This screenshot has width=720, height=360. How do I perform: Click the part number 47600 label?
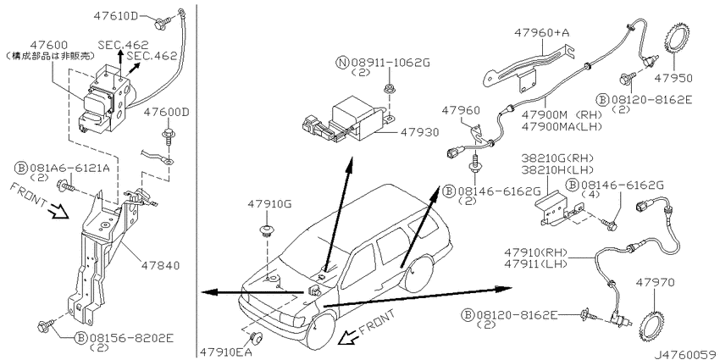click(x=49, y=45)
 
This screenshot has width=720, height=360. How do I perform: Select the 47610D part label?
click(x=116, y=15)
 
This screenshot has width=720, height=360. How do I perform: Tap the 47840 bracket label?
click(x=161, y=265)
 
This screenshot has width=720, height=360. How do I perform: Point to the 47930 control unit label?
click(x=420, y=132)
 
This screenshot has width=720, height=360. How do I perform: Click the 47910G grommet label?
click(x=269, y=203)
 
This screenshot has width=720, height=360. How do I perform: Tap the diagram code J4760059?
click(x=685, y=354)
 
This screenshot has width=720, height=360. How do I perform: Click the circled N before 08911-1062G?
click(x=343, y=63)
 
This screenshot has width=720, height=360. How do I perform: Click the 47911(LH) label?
click(x=536, y=263)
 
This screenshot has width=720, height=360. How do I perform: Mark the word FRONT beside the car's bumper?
click(x=378, y=322)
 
